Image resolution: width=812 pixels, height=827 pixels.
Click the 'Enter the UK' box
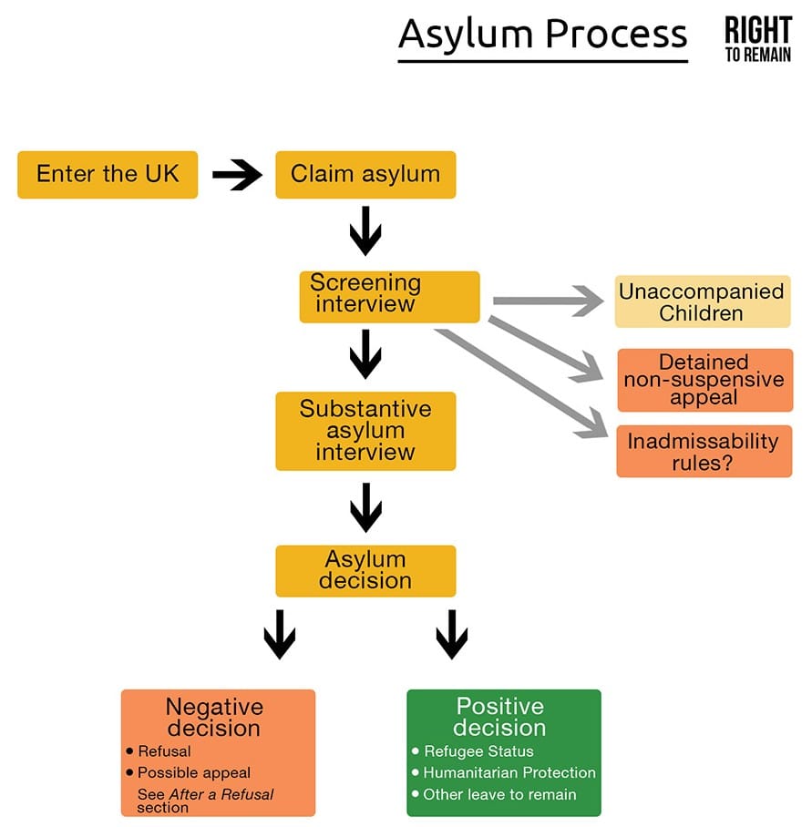tap(108, 175)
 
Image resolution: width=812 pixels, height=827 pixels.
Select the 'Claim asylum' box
tap(365, 175)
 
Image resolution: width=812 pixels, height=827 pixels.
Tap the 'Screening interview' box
tap(389, 297)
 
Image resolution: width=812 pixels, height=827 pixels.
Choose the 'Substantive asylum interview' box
tap(365, 431)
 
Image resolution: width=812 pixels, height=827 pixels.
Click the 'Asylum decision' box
tap(365, 571)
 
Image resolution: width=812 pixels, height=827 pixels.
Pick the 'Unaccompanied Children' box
tap(703, 301)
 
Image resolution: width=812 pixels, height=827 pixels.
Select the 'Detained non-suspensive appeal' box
tap(704, 380)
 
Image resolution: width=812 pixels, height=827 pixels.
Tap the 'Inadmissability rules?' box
tap(704, 451)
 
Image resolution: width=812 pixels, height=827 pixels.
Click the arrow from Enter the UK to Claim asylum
tap(237, 175)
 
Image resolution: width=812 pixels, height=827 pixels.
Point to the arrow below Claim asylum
tap(365, 231)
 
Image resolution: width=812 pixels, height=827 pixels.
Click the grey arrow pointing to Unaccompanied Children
tap(549, 301)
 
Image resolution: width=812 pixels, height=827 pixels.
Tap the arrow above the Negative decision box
tap(280, 635)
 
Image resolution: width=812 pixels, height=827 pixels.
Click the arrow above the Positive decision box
tap(452, 635)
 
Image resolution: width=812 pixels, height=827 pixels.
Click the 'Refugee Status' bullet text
tap(478, 751)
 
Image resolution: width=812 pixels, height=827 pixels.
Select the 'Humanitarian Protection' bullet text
tap(509, 772)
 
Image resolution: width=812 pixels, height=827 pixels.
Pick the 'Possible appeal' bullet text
tap(193, 773)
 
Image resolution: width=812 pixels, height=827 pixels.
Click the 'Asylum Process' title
tap(543, 35)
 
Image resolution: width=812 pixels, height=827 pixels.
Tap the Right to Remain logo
tap(758, 39)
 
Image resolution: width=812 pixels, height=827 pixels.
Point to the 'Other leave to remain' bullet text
tap(499, 794)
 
